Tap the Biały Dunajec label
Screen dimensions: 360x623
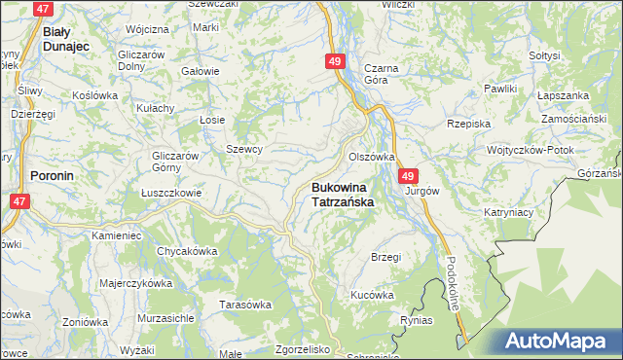coord(66,38)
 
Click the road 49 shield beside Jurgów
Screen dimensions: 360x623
coord(408,176)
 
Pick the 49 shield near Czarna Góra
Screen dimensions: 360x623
coord(335,62)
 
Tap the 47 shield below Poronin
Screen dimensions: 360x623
coord(18,200)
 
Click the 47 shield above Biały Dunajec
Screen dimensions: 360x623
coord(42,9)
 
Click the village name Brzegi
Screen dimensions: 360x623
coord(386,257)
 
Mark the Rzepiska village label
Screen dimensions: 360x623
coord(468,124)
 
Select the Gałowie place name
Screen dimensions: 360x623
coord(201,71)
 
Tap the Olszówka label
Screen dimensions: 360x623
coord(372,156)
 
